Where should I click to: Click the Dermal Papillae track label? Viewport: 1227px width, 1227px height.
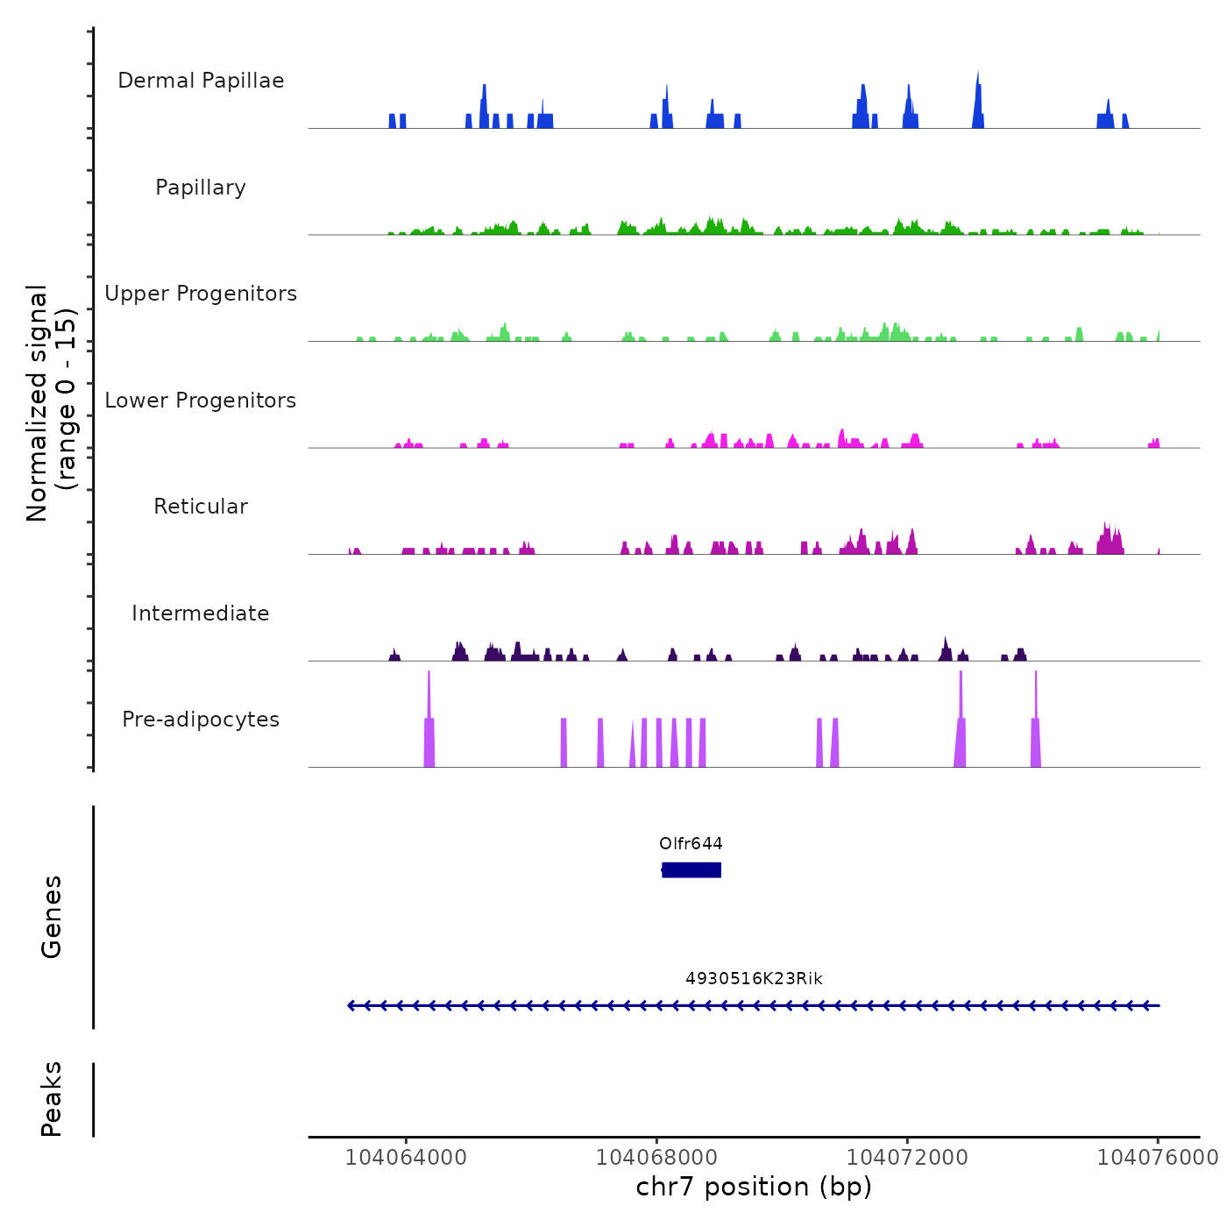coord(201,81)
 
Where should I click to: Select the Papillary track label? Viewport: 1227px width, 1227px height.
coord(201,188)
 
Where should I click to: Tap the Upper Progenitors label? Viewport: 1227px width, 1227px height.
coord(201,294)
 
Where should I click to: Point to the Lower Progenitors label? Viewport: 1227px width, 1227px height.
coord(201,401)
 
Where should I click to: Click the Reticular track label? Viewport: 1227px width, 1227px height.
coord(201,507)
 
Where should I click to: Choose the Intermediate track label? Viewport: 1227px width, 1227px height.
coord(201,613)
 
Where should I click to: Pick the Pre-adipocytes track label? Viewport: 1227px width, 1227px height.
coord(201,720)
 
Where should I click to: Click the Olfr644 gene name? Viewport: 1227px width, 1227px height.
coord(691,844)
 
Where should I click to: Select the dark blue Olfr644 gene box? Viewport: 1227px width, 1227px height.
coord(692,869)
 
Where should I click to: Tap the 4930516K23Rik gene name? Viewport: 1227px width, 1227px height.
coord(754,979)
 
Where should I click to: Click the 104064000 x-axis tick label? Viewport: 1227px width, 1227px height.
coord(406,1158)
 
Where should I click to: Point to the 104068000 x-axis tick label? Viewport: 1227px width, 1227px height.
coord(656,1158)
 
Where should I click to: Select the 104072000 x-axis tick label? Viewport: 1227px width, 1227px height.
coord(907,1158)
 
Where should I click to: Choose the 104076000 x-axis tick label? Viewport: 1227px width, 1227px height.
coord(1158,1158)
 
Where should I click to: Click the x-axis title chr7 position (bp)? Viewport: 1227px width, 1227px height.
coord(754,1188)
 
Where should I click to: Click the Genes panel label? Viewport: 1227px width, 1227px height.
coord(52,917)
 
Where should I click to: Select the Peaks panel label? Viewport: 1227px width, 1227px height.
coord(52,1099)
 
